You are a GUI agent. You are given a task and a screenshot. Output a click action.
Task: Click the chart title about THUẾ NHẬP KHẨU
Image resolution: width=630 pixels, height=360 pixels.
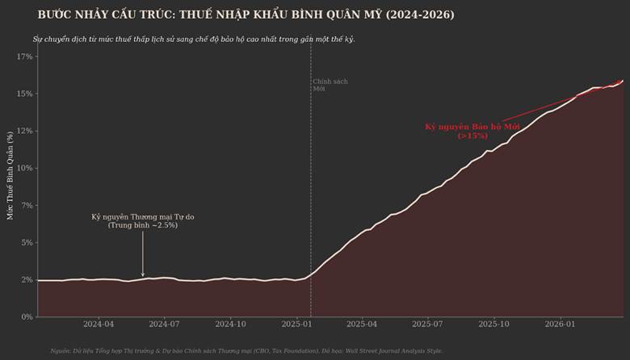[x=246, y=15]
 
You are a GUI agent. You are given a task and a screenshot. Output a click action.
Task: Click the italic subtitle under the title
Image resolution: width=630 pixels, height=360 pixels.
[x=194, y=39]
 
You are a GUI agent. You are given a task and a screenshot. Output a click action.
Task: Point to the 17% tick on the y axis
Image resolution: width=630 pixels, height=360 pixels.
[x=24, y=57]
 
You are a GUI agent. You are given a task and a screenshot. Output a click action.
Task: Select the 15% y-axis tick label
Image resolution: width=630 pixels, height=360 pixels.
[x=24, y=94]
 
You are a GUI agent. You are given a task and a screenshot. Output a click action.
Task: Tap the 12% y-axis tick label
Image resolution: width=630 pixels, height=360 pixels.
[x=24, y=131]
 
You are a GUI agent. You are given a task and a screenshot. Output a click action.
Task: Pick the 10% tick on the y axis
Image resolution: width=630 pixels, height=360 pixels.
[x=24, y=168]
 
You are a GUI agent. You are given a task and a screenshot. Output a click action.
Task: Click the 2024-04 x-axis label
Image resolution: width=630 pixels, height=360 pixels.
[x=98, y=324]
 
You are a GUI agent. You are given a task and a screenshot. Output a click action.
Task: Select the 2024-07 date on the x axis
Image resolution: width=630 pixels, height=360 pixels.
[x=164, y=324]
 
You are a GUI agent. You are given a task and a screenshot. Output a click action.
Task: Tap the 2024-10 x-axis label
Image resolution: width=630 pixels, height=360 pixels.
[x=231, y=324]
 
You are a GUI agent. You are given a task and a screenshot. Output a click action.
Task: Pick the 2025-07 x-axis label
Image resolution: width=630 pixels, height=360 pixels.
[x=427, y=324]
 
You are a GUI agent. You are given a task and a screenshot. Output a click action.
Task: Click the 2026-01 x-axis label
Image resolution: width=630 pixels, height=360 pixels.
[x=560, y=324]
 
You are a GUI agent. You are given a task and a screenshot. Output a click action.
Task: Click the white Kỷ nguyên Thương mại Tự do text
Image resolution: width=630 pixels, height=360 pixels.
[x=143, y=220]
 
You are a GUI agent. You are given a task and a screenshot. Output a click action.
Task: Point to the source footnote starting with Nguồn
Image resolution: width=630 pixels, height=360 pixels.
[x=246, y=351]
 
